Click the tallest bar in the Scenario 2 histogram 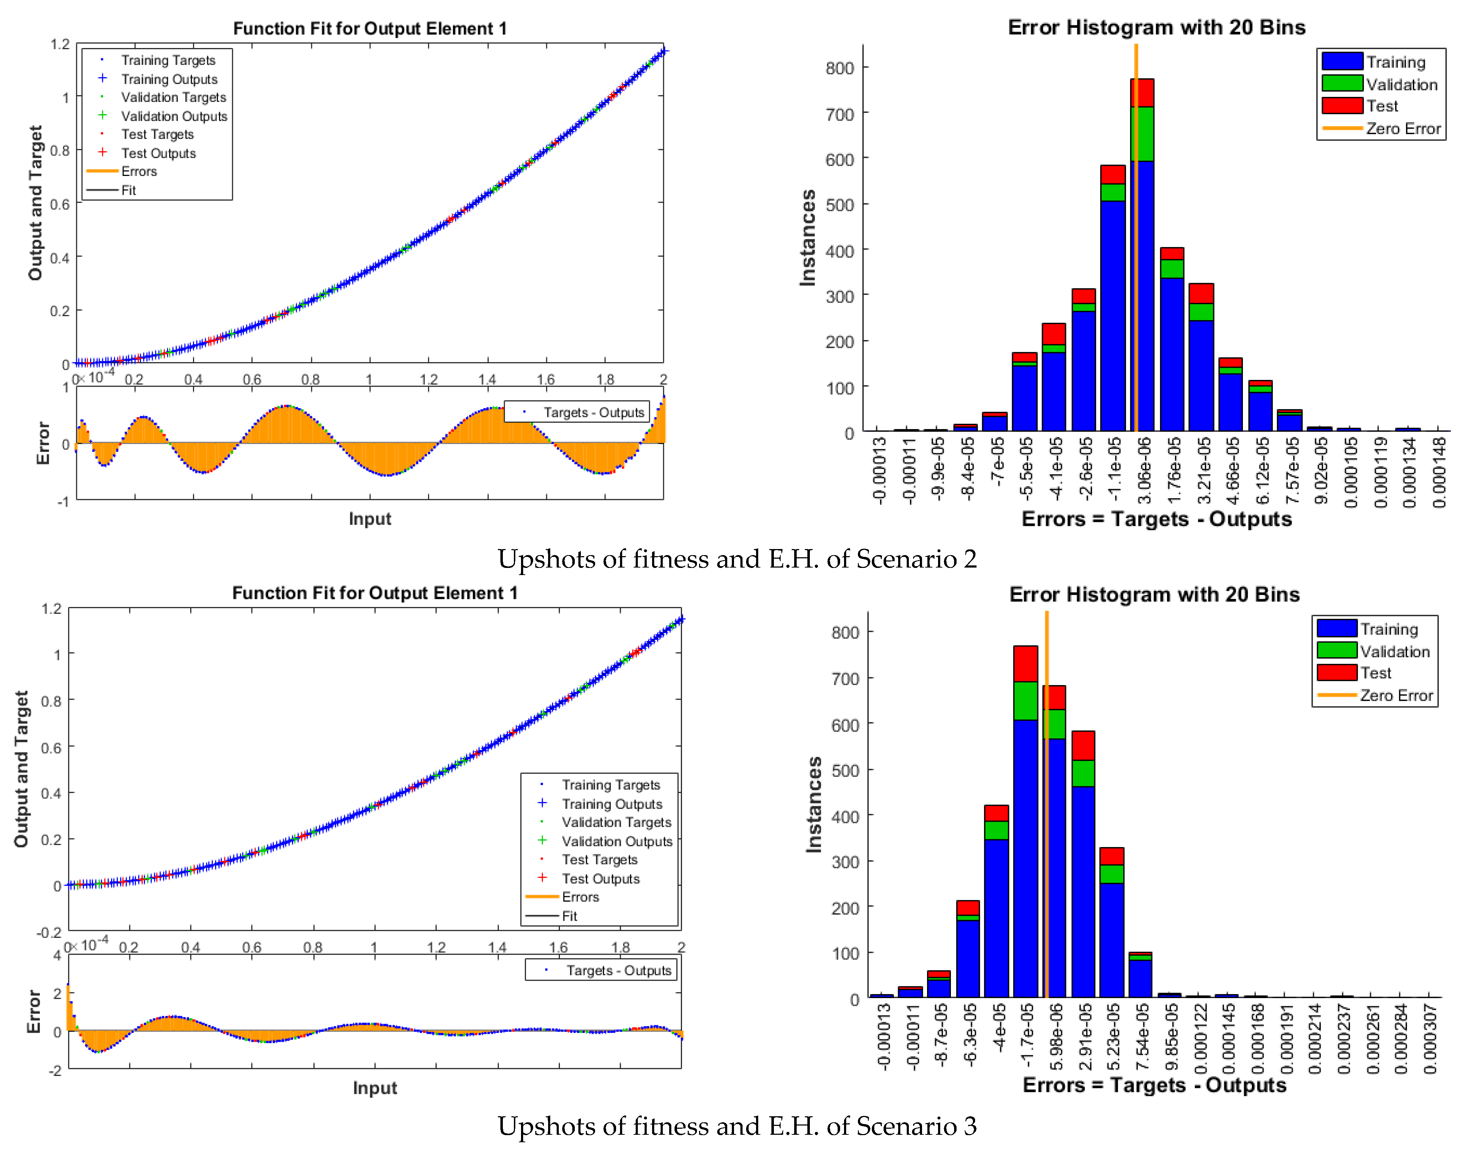(1141, 270)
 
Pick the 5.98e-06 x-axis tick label (1056, 1037)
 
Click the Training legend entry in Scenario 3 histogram (1389, 629)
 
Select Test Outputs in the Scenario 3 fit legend (600, 878)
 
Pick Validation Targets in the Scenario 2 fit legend (173, 97)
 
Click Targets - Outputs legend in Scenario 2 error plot (593, 412)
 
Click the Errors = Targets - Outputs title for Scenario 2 (1156, 519)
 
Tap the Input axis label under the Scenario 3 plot (374, 1088)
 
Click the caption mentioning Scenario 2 (736, 559)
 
